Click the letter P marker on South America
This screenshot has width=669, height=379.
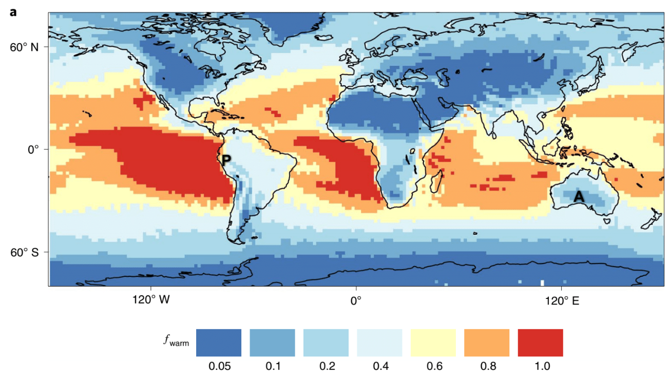click(226, 160)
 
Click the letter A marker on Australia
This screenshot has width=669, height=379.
click(579, 196)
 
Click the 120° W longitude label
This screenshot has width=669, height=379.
click(150, 300)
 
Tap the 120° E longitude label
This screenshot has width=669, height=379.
click(561, 300)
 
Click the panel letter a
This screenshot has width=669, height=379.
click(13, 11)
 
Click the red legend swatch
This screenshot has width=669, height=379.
click(540, 343)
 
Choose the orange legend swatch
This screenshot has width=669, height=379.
click(487, 343)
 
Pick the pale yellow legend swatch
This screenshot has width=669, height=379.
click(433, 343)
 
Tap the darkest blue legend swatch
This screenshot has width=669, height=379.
click(219, 343)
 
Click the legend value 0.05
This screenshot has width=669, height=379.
click(219, 366)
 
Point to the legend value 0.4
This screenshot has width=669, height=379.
click(379, 366)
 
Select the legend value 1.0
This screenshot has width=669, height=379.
click(540, 366)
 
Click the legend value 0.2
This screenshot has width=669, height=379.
click(326, 366)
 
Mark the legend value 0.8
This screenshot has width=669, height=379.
click(487, 366)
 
